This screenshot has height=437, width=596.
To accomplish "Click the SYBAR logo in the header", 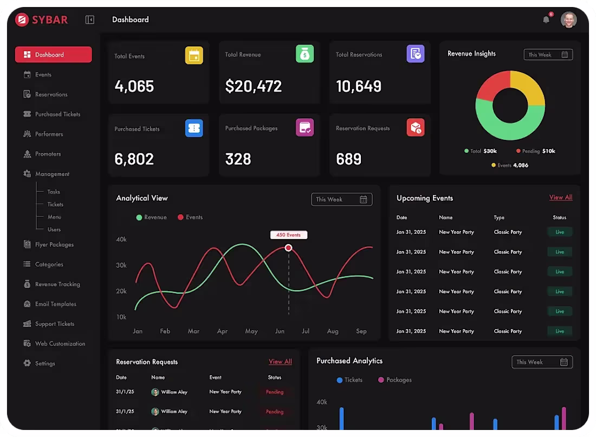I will pyautogui.click(x=42, y=20).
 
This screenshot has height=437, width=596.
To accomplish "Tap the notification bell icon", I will pyautogui.click(x=546, y=20).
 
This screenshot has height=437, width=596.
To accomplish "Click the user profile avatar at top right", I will pyautogui.click(x=568, y=20).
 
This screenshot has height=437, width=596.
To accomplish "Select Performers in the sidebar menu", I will pyautogui.click(x=49, y=134).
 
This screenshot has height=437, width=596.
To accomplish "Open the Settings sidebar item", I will pyautogui.click(x=45, y=363).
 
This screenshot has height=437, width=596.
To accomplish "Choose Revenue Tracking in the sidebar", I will pyautogui.click(x=57, y=284).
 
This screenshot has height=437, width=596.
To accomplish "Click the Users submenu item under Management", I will pyautogui.click(x=54, y=229).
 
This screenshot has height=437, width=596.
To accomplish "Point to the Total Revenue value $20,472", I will pyautogui.click(x=254, y=86).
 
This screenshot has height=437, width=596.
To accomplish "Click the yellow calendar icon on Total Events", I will pyautogui.click(x=194, y=55).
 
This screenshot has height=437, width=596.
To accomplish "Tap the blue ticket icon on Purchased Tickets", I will pyautogui.click(x=194, y=128).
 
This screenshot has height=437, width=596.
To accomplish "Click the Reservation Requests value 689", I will pyautogui.click(x=348, y=159).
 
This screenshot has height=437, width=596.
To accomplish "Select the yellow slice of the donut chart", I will pyautogui.click(x=529, y=87).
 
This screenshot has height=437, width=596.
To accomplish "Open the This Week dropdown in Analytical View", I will pyautogui.click(x=341, y=200).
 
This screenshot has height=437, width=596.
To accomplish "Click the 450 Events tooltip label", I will pyautogui.click(x=289, y=235).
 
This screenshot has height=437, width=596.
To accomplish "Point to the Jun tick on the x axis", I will pyautogui.click(x=280, y=331).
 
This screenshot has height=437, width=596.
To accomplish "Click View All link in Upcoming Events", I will pyautogui.click(x=560, y=197).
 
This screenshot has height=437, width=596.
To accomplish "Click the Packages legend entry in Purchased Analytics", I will pyautogui.click(x=394, y=380).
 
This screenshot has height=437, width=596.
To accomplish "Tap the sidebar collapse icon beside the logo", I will pyautogui.click(x=90, y=20).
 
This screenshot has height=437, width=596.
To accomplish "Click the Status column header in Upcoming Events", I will pyautogui.click(x=559, y=217).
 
